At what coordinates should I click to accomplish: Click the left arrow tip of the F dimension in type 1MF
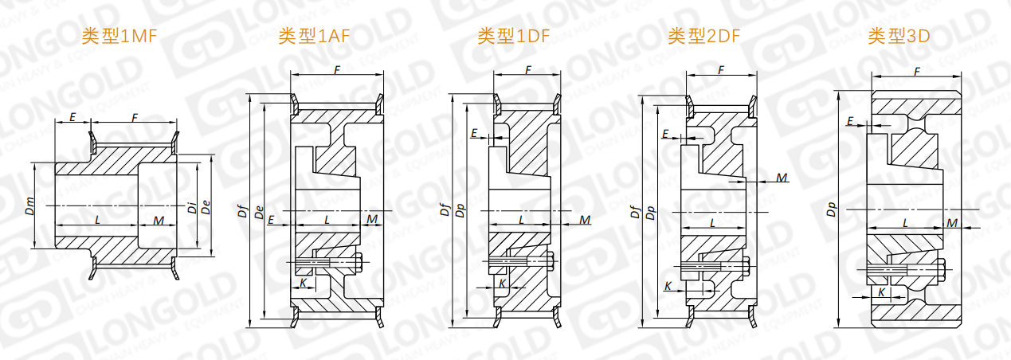(91, 122)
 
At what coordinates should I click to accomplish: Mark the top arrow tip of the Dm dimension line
(34, 162)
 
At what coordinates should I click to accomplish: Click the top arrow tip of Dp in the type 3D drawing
(838, 90)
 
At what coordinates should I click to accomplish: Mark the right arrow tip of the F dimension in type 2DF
(757, 75)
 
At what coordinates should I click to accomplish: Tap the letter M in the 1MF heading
(136, 36)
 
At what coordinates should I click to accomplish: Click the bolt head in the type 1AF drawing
(359, 263)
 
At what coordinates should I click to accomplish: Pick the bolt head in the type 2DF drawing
(746, 267)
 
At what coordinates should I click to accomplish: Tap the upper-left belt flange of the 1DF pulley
(497, 103)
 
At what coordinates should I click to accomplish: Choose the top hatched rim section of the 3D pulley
(915, 103)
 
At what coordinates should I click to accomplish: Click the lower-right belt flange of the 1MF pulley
(175, 268)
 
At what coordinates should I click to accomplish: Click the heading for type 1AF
(314, 36)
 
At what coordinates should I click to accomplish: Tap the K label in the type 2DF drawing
(668, 286)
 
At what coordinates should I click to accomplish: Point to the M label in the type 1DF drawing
(585, 220)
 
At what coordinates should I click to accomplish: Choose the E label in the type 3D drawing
(850, 121)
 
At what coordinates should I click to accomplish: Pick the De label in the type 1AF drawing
(259, 213)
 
